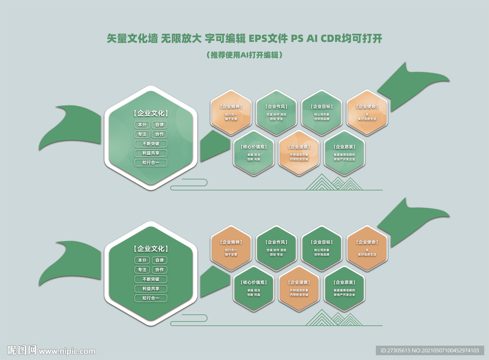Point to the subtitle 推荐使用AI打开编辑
(244, 55)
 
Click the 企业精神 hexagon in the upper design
(231, 112)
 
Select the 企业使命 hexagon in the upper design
(367, 112)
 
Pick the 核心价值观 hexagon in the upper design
(254, 153)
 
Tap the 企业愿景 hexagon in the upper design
(344, 153)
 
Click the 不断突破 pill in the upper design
(151, 143)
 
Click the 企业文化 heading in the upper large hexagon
(151, 114)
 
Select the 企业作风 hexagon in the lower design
(276, 248)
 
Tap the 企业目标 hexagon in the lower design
(322, 248)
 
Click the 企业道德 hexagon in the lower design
(299, 288)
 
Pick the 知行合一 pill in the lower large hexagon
(151, 298)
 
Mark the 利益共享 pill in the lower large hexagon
(151, 289)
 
